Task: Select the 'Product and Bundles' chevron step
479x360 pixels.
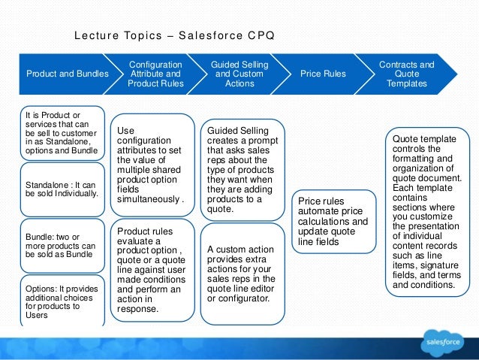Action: [x=67, y=74]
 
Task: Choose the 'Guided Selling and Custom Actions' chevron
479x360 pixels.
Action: [x=238, y=74]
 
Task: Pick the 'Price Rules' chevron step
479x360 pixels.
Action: [x=323, y=74]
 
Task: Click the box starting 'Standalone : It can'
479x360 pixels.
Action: [x=62, y=188]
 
